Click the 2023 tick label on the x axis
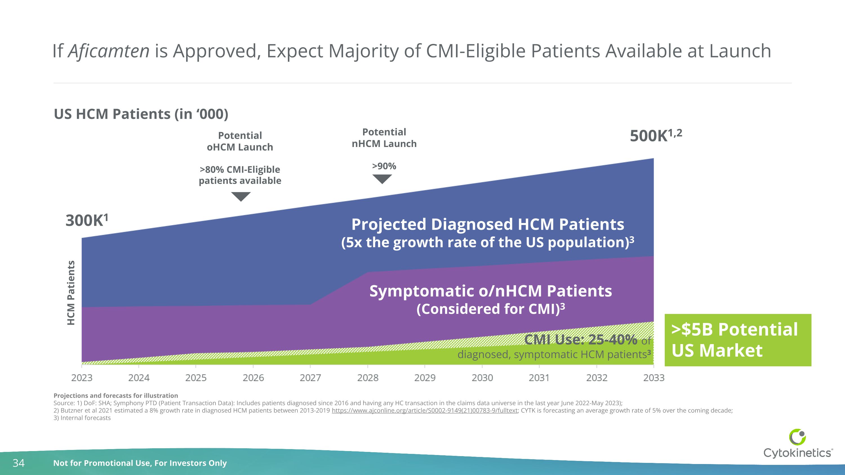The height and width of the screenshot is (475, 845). click(82, 378)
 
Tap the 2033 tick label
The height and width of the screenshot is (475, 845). click(653, 378)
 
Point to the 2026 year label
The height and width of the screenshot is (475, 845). click(253, 378)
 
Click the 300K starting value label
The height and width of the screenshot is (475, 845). click(86, 220)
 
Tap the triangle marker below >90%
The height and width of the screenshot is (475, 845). click(382, 179)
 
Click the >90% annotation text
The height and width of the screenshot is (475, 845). click(384, 166)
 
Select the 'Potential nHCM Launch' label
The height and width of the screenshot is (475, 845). click(384, 138)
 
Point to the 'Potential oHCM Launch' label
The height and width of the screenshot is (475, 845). click(240, 141)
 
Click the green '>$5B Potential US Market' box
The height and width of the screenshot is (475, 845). click(737, 340)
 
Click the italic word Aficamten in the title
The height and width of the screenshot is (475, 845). click(108, 51)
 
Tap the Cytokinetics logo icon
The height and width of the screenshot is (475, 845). click(797, 437)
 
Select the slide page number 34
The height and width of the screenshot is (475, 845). click(18, 463)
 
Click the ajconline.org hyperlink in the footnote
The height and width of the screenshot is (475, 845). click(424, 411)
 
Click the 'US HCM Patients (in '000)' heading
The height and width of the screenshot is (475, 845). click(141, 114)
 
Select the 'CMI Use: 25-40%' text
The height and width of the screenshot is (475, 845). click(580, 340)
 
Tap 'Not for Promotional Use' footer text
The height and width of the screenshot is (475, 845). click(140, 463)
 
